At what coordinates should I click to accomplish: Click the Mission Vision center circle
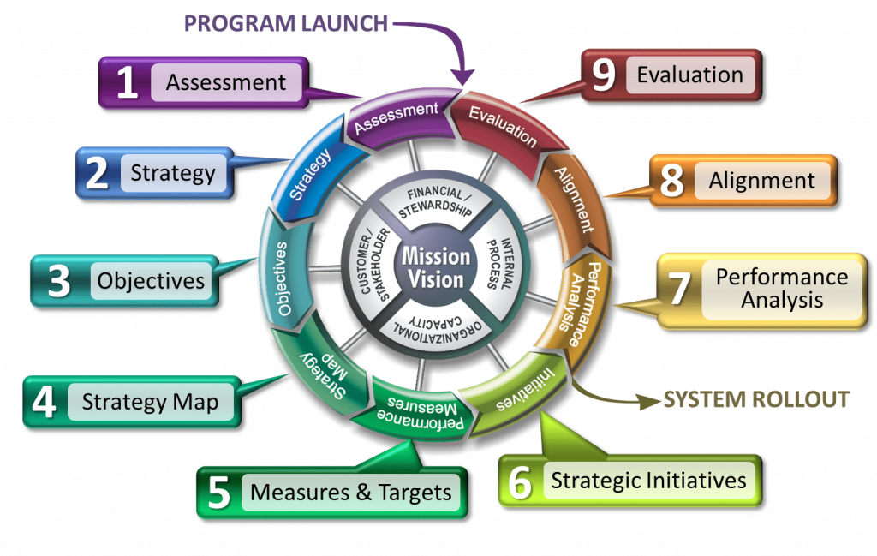(438, 267)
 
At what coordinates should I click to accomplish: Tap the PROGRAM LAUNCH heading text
(286, 23)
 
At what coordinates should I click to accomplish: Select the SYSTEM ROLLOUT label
(756, 399)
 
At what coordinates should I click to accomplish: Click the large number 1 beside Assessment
(127, 83)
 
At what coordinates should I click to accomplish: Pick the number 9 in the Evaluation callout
(605, 75)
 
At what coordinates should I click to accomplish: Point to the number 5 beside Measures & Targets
(220, 493)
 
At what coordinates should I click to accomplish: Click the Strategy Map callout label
(150, 401)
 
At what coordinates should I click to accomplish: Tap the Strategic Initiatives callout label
(648, 480)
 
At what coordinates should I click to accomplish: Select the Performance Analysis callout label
(782, 288)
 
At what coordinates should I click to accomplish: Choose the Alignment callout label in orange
(761, 181)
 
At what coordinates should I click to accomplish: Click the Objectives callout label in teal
(151, 280)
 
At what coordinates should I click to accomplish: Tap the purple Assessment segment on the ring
(396, 118)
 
